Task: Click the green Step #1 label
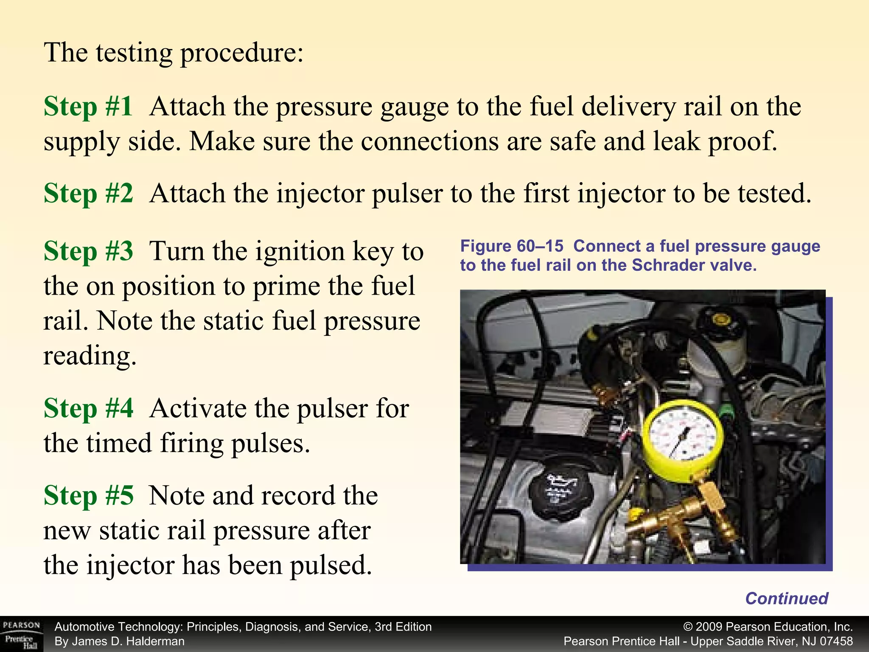click(x=88, y=106)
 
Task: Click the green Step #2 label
click(x=88, y=194)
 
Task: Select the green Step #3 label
click(x=88, y=251)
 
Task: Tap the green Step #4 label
click(x=88, y=408)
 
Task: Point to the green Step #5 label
click(x=88, y=496)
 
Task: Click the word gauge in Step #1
click(x=414, y=108)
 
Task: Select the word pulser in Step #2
click(x=407, y=194)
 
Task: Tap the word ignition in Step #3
click(x=300, y=252)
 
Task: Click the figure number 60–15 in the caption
click(x=540, y=246)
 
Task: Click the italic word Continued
click(x=787, y=599)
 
